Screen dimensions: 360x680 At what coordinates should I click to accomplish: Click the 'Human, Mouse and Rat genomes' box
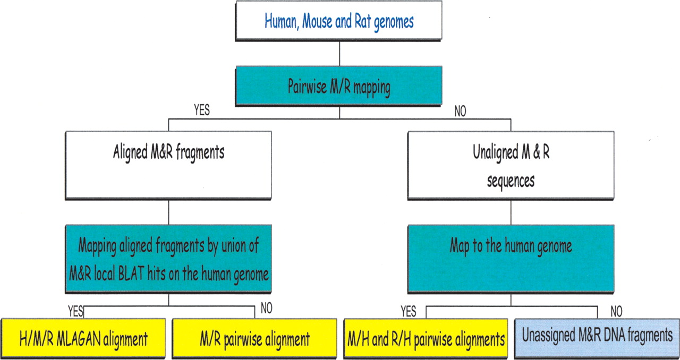click(x=338, y=22)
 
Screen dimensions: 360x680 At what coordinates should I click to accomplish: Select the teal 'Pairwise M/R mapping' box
click(x=338, y=87)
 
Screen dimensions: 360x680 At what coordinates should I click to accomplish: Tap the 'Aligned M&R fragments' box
click(x=168, y=165)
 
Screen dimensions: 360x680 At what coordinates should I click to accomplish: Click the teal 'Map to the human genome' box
click(x=511, y=257)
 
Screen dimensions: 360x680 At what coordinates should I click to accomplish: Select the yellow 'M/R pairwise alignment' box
click(x=254, y=338)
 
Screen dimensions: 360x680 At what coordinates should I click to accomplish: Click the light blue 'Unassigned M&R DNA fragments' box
click(x=597, y=336)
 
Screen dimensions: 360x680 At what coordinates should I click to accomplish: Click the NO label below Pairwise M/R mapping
click(x=460, y=112)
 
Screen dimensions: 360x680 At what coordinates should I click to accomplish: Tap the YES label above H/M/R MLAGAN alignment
click(x=76, y=311)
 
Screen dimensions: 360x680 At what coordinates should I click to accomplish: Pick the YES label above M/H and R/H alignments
click(x=408, y=311)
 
